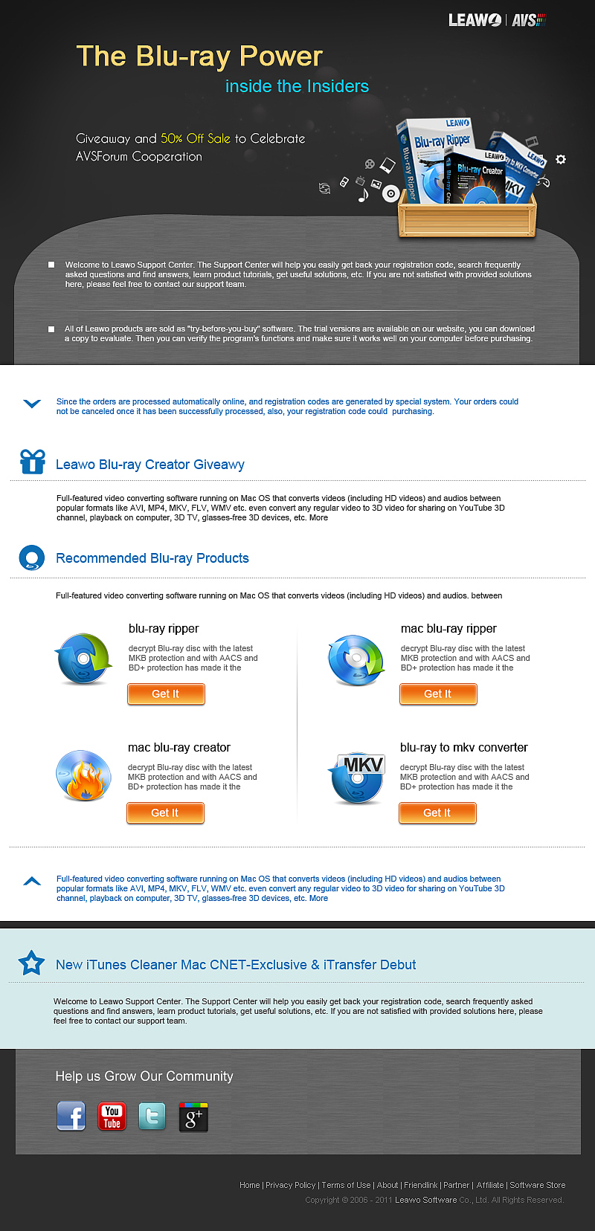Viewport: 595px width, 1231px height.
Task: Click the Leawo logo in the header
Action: pyautogui.click(x=475, y=20)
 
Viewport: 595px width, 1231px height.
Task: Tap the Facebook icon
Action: pyautogui.click(x=71, y=1116)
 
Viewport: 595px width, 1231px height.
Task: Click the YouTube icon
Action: pyautogui.click(x=112, y=1117)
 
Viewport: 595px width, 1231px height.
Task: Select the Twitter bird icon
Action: pyautogui.click(x=152, y=1117)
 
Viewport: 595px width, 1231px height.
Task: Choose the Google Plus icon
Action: pyautogui.click(x=193, y=1117)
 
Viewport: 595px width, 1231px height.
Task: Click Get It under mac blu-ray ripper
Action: pyautogui.click(x=438, y=694)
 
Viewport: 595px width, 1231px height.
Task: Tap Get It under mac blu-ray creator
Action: pyautogui.click(x=165, y=812)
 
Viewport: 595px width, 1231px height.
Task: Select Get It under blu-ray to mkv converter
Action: pyautogui.click(x=437, y=812)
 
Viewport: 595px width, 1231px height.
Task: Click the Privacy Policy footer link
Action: pyautogui.click(x=290, y=1185)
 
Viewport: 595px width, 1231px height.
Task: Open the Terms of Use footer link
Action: pyautogui.click(x=346, y=1185)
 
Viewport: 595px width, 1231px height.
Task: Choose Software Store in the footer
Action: pyautogui.click(x=538, y=1185)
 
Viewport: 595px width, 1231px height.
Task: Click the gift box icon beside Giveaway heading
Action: pyautogui.click(x=33, y=462)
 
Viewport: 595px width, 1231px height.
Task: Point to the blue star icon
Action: pyautogui.click(x=31, y=963)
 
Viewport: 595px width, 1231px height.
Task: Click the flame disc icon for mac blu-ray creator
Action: pyautogui.click(x=83, y=775)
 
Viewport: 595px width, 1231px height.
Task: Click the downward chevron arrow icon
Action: pyautogui.click(x=32, y=404)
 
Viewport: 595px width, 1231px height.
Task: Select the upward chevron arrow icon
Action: pyautogui.click(x=32, y=882)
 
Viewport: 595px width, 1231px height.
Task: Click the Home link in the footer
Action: pyautogui.click(x=249, y=1185)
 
